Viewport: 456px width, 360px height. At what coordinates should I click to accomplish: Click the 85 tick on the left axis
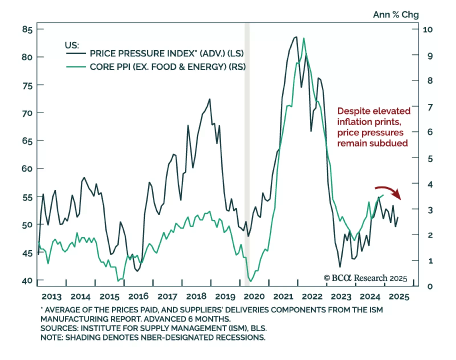(x=27, y=29)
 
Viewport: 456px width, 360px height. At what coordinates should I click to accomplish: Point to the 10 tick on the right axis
(x=427, y=30)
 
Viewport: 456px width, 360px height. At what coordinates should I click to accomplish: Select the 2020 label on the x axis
(x=254, y=297)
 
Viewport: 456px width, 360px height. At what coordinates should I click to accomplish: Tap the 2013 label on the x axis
(x=52, y=297)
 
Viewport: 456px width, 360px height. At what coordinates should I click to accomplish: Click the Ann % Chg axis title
(x=396, y=15)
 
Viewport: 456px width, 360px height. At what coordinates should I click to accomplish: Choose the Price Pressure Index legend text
(x=167, y=54)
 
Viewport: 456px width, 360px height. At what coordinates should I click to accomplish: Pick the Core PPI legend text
(x=168, y=67)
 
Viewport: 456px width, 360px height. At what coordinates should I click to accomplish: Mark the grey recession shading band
(x=247, y=154)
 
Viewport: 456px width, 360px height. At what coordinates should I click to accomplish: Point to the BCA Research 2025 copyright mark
(x=365, y=278)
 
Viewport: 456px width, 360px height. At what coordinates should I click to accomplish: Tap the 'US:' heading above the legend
(x=72, y=45)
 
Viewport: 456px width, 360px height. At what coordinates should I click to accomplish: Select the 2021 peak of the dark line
(x=296, y=37)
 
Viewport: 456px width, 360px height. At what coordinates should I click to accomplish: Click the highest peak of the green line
(x=304, y=38)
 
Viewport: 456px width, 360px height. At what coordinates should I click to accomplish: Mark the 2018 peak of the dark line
(x=210, y=99)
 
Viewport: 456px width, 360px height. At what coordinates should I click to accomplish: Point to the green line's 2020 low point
(x=251, y=281)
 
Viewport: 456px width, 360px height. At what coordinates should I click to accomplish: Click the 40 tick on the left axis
(x=27, y=281)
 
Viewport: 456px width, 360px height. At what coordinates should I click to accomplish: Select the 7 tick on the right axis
(x=430, y=107)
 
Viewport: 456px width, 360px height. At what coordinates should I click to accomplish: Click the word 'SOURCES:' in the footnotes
(x=59, y=328)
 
